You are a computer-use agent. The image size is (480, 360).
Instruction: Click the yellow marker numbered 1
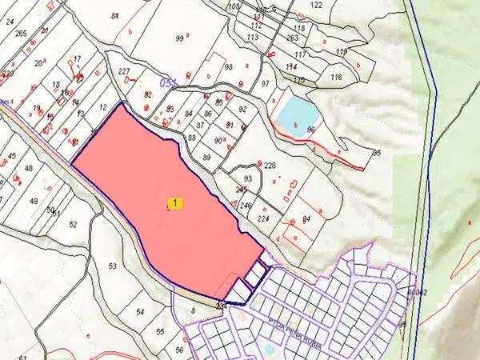(175, 203)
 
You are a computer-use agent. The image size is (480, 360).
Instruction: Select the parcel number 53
(112, 266)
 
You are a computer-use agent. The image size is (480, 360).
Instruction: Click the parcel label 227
(124, 72)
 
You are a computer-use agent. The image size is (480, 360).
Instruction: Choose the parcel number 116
(336, 77)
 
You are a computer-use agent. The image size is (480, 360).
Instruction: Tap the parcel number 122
(316, 5)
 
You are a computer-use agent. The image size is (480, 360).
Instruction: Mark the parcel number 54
(141, 312)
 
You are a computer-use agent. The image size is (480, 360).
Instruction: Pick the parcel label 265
(21, 34)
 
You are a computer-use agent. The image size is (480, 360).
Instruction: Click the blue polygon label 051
(169, 83)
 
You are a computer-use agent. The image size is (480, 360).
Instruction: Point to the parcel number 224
(264, 217)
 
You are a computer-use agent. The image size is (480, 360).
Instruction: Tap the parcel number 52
(73, 224)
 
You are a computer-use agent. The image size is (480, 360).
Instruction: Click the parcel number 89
(206, 158)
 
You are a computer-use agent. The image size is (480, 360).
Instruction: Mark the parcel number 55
(160, 331)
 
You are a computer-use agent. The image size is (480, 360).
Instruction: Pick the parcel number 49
(34, 201)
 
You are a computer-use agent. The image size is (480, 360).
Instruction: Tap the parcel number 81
(116, 16)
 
